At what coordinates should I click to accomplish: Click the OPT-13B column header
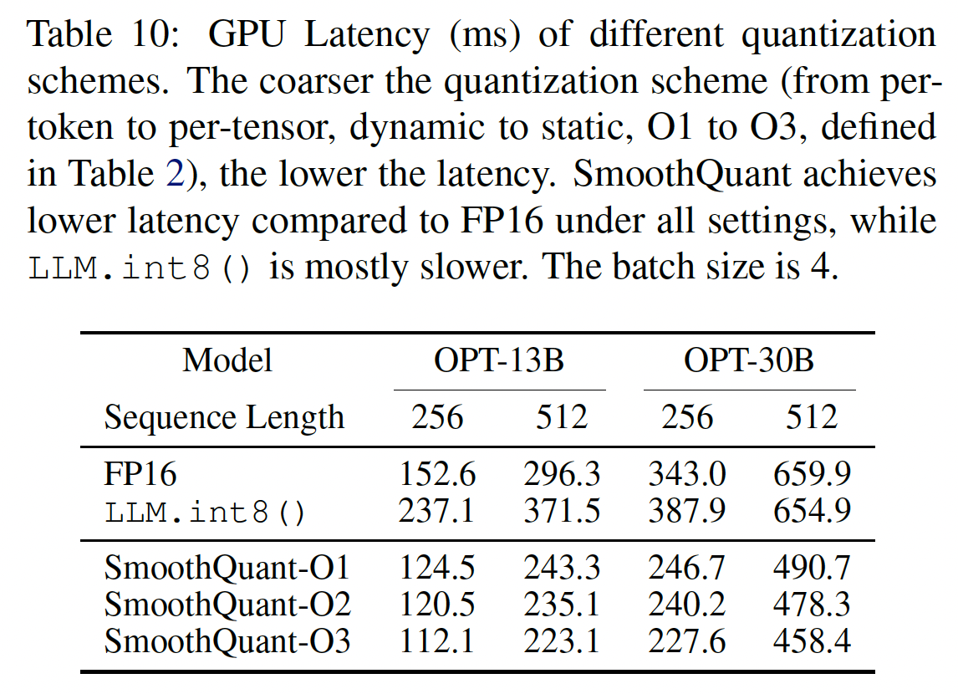tap(498, 360)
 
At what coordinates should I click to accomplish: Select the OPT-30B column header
tap(749, 360)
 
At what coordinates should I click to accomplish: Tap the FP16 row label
tap(140, 474)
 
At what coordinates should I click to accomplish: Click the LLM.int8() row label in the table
tap(206, 511)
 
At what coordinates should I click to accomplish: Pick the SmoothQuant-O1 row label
tap(227, 568)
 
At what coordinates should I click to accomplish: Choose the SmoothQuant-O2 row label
tap(227, 605)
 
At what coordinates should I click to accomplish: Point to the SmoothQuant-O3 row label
tap(227, 641)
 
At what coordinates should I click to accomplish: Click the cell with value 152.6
tap(437, 474)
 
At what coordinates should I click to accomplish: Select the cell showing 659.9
tap(812, 474)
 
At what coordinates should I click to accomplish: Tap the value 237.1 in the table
tap(437, 511)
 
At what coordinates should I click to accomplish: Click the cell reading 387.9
tap(686, 511)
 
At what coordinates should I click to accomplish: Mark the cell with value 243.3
tap(562, 568)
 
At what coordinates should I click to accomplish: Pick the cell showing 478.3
tap(812, 605)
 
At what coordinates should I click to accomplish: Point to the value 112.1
tap(437, 641)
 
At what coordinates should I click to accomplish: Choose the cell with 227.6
tap(686, 641)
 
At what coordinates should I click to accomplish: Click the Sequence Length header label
tap(224, 416)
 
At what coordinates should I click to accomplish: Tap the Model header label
tap(227, 360)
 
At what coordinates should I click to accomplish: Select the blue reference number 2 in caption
tap(173, 175)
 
